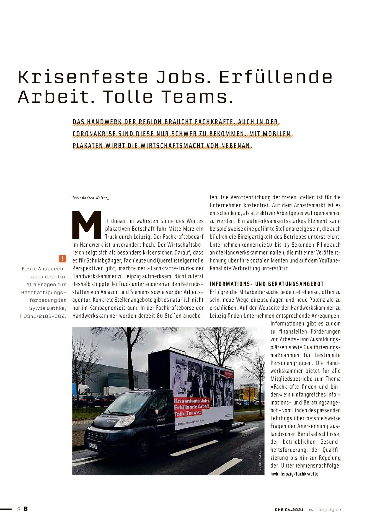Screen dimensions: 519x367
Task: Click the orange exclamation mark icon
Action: [63, 259]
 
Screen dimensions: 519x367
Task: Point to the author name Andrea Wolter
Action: [95, 198]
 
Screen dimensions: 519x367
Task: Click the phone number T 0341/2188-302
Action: [43, 316]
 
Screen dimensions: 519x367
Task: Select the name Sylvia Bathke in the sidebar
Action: [48, 308]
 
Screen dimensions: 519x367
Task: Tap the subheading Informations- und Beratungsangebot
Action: [267, 284]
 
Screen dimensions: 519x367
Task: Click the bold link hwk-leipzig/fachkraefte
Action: [294, 474]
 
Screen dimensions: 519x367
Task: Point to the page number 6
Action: [26, 509]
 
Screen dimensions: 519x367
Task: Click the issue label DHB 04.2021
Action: [289, 510]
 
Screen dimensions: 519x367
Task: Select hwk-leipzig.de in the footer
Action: [324, 510]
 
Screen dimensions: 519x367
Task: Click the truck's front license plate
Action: [93, 446]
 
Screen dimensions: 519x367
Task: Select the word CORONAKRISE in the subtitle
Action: [94, 134]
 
